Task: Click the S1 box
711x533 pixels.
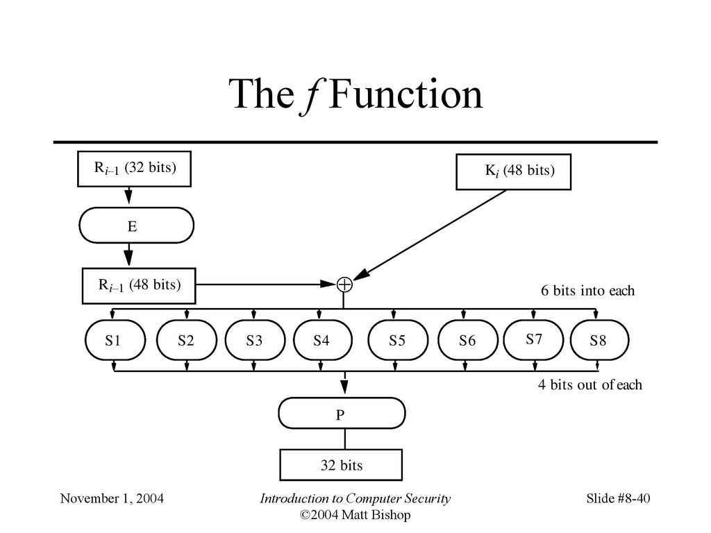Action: tap(115, 341)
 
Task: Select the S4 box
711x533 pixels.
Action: tap(320, 341)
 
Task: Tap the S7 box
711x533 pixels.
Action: tap(533, 339)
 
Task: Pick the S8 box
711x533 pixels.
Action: tap(599, 341)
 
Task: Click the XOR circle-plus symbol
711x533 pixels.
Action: tap(344, 284)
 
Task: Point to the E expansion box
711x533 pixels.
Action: tap(136, 225)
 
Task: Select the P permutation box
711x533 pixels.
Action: tap(341, 415)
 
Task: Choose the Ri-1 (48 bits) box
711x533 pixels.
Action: tap(139, 285)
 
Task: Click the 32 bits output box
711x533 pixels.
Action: tap(341, 465)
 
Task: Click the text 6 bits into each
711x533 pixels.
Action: tap(587, 291)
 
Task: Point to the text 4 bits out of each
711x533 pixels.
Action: tap(589, 384)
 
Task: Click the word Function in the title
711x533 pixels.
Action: tap(405, 95)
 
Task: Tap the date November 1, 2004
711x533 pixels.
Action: tap(112, 498)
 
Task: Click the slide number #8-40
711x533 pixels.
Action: tap(633, 498)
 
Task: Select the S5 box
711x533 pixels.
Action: tap(396, 341)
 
